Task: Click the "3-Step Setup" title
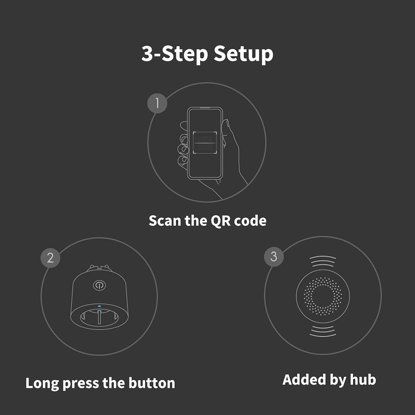coord(207,54)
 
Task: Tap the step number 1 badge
coord(157,103)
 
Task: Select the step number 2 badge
coord(50,258)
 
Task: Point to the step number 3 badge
coord(274,257)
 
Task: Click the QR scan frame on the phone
coord(205,142)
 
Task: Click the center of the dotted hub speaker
coord(323,295)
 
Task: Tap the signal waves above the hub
coord(323,261)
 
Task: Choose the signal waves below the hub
coord(323,331)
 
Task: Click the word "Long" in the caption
coord(42,383)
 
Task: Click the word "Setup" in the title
coord(243,54)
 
